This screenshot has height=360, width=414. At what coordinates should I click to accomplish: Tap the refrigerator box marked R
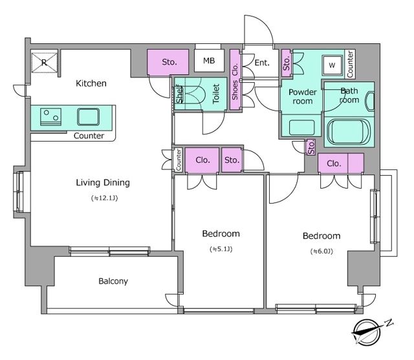tap(45, 63)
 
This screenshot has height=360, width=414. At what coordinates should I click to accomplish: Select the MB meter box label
tap(209, 61)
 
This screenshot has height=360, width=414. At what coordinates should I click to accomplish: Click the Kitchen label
tap(91, 83)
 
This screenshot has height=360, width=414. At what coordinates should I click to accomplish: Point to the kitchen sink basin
tap(89, 116)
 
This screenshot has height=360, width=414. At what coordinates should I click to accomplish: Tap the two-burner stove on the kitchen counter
tap(50, 116)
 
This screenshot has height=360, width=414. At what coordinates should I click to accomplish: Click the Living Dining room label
tap(103, 182)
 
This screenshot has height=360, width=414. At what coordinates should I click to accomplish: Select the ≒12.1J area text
tap(104, 198)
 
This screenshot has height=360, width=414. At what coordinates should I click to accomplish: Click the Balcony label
tap(113, 281)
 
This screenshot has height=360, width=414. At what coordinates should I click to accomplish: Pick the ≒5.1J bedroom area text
tap(221, 249)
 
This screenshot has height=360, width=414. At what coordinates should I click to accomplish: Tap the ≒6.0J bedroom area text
tap(321, 251)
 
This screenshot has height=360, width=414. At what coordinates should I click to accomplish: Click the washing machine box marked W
tap(332, 65)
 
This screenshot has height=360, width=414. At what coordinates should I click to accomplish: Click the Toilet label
tap(216, 94)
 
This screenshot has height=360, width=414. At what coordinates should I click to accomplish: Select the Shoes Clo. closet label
tap(235, 81)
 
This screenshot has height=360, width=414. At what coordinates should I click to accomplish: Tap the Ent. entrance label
tap(262, 63)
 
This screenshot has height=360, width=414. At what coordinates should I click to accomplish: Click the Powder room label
tap(303, 96)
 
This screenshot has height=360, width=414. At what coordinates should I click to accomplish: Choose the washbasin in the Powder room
tap(302, 128)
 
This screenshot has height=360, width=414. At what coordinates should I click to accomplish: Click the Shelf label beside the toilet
tap(180, 94)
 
